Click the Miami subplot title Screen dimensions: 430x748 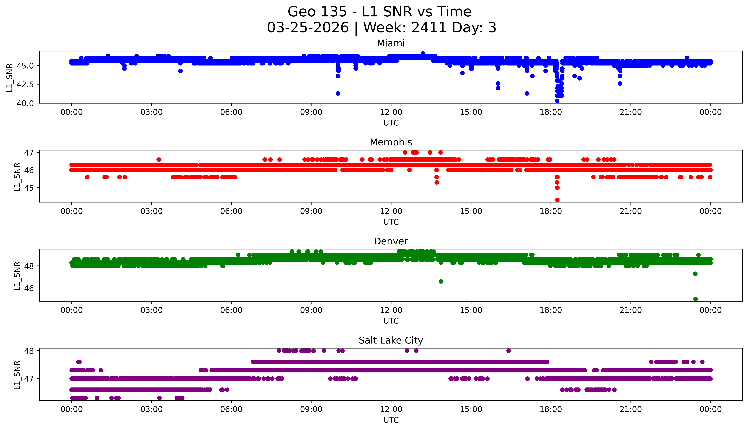pos(391,43)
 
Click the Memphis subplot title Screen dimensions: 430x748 pos(391,142)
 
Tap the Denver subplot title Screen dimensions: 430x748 pos(391,241)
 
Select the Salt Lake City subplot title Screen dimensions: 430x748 pos(391,341)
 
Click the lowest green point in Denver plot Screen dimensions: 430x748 pos(695,299)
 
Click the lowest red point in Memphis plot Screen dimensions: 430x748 pos(557,200)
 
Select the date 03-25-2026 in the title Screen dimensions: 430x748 pos(308,28)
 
